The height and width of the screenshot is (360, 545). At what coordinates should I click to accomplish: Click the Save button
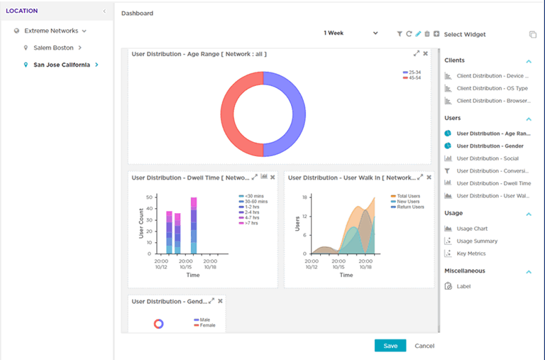[x=390, y=346]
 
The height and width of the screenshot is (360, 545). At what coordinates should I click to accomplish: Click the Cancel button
[x=424, y=346]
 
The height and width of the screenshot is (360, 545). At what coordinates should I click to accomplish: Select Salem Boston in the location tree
[x=53, y=48]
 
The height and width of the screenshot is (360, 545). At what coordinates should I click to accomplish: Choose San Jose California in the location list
[x=62, y=65]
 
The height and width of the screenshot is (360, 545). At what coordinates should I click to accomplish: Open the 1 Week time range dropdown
[x=351, y=33]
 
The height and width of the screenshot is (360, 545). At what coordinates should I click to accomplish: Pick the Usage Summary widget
[x=477, y=241]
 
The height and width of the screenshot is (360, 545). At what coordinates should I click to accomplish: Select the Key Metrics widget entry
[x=471, y=253]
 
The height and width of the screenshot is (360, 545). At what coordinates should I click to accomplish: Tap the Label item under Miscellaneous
[x=463, y=286]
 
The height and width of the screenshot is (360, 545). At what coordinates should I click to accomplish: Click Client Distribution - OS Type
[x=492, y=88]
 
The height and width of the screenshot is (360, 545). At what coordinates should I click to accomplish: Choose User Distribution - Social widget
[x=487, y=158]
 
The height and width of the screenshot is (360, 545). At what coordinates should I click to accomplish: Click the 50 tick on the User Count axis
[x=149, y=197]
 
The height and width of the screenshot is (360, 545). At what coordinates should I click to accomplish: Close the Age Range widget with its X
[x=426, y=53]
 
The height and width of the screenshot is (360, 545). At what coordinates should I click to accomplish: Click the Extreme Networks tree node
[x=50, y=31]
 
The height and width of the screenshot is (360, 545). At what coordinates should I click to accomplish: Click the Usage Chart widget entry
[x=472, y=229]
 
